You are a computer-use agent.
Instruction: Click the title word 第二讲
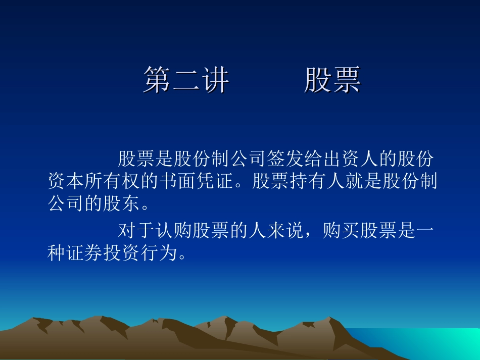(x=186, y=80)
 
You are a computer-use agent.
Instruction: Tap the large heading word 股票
(x=332, y=80)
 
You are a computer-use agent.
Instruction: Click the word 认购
(x=174, y=232)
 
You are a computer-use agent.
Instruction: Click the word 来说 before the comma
(x=285, y=232)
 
